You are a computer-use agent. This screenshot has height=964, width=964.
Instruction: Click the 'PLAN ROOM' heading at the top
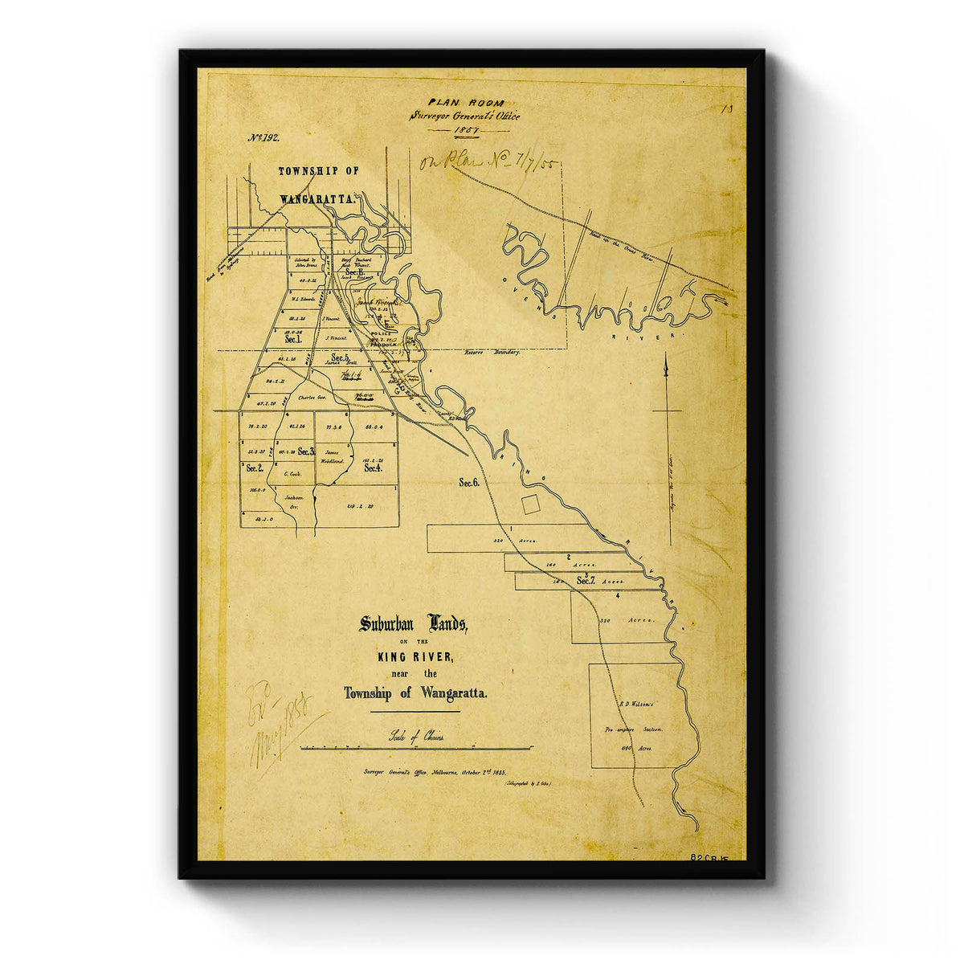point(465,102)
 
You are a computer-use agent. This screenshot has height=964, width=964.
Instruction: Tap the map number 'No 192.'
point(263,137)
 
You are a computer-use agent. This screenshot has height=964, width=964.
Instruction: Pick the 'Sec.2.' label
point(255,468)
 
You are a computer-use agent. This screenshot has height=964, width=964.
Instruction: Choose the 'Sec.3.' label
point(305,451)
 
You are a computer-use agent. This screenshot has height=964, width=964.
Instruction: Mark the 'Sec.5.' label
point(341,357)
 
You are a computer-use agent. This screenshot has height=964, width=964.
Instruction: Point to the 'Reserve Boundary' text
point(492,353)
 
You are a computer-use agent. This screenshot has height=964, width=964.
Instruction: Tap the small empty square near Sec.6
point(530,504)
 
